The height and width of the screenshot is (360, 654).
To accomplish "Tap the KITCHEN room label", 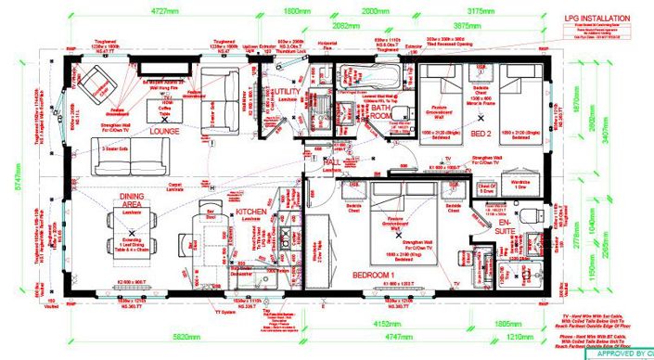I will [253, 212].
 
